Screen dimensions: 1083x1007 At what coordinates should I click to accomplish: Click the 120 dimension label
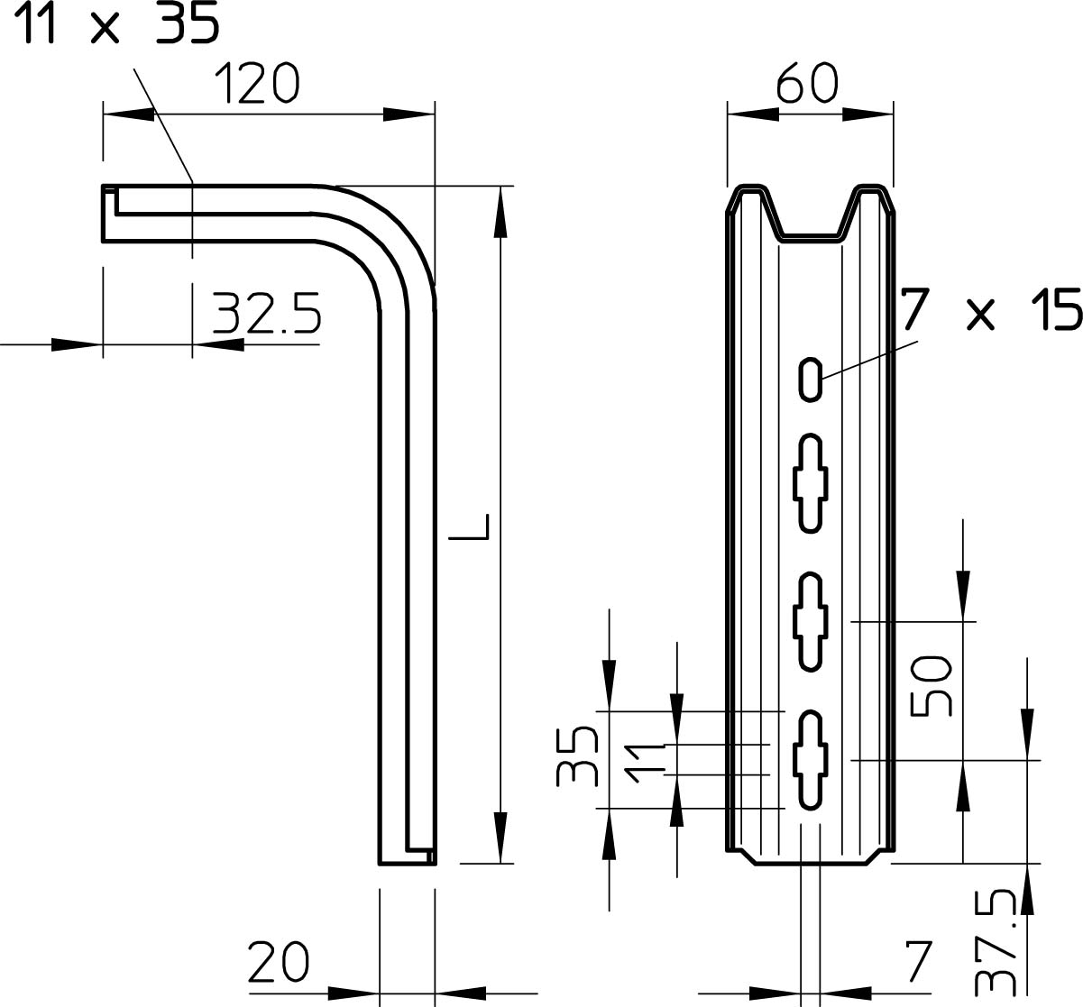[x=257, y=83]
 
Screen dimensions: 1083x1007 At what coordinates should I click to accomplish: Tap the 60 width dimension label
[x=807, y=83]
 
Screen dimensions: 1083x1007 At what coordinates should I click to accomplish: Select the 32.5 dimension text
[x=267, y=313]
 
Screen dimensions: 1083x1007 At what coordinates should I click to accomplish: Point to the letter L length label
[x=469, y=526]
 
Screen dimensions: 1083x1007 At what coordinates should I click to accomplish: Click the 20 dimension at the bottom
[x=279, y=963]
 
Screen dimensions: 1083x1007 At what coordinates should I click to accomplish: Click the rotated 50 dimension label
[x=932, y=686]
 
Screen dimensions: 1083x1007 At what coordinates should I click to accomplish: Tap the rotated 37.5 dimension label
[x=995, y=949]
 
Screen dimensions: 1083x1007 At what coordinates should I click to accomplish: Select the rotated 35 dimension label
[x=577, y=755]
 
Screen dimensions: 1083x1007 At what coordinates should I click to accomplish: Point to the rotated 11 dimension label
[x=645, y=763]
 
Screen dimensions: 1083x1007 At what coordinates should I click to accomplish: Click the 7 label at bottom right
[x=917, y=963]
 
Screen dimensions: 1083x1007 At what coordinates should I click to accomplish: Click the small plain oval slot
[x=811, y=380]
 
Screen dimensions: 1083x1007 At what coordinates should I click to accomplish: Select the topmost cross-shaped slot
[x=811, y=483]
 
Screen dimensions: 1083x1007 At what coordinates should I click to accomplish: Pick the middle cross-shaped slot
[x=811, y=621]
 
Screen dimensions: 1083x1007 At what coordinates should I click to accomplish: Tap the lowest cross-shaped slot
[x=811, y=760]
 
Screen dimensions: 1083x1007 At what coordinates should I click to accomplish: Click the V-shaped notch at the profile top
[x=811, y=214]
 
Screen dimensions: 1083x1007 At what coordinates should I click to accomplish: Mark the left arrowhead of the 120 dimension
[x=129, y=114]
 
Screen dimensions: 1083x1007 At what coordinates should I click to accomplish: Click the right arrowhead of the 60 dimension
[x=868, y=114]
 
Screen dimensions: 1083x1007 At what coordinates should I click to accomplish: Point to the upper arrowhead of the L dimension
[x=500, y=212]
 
